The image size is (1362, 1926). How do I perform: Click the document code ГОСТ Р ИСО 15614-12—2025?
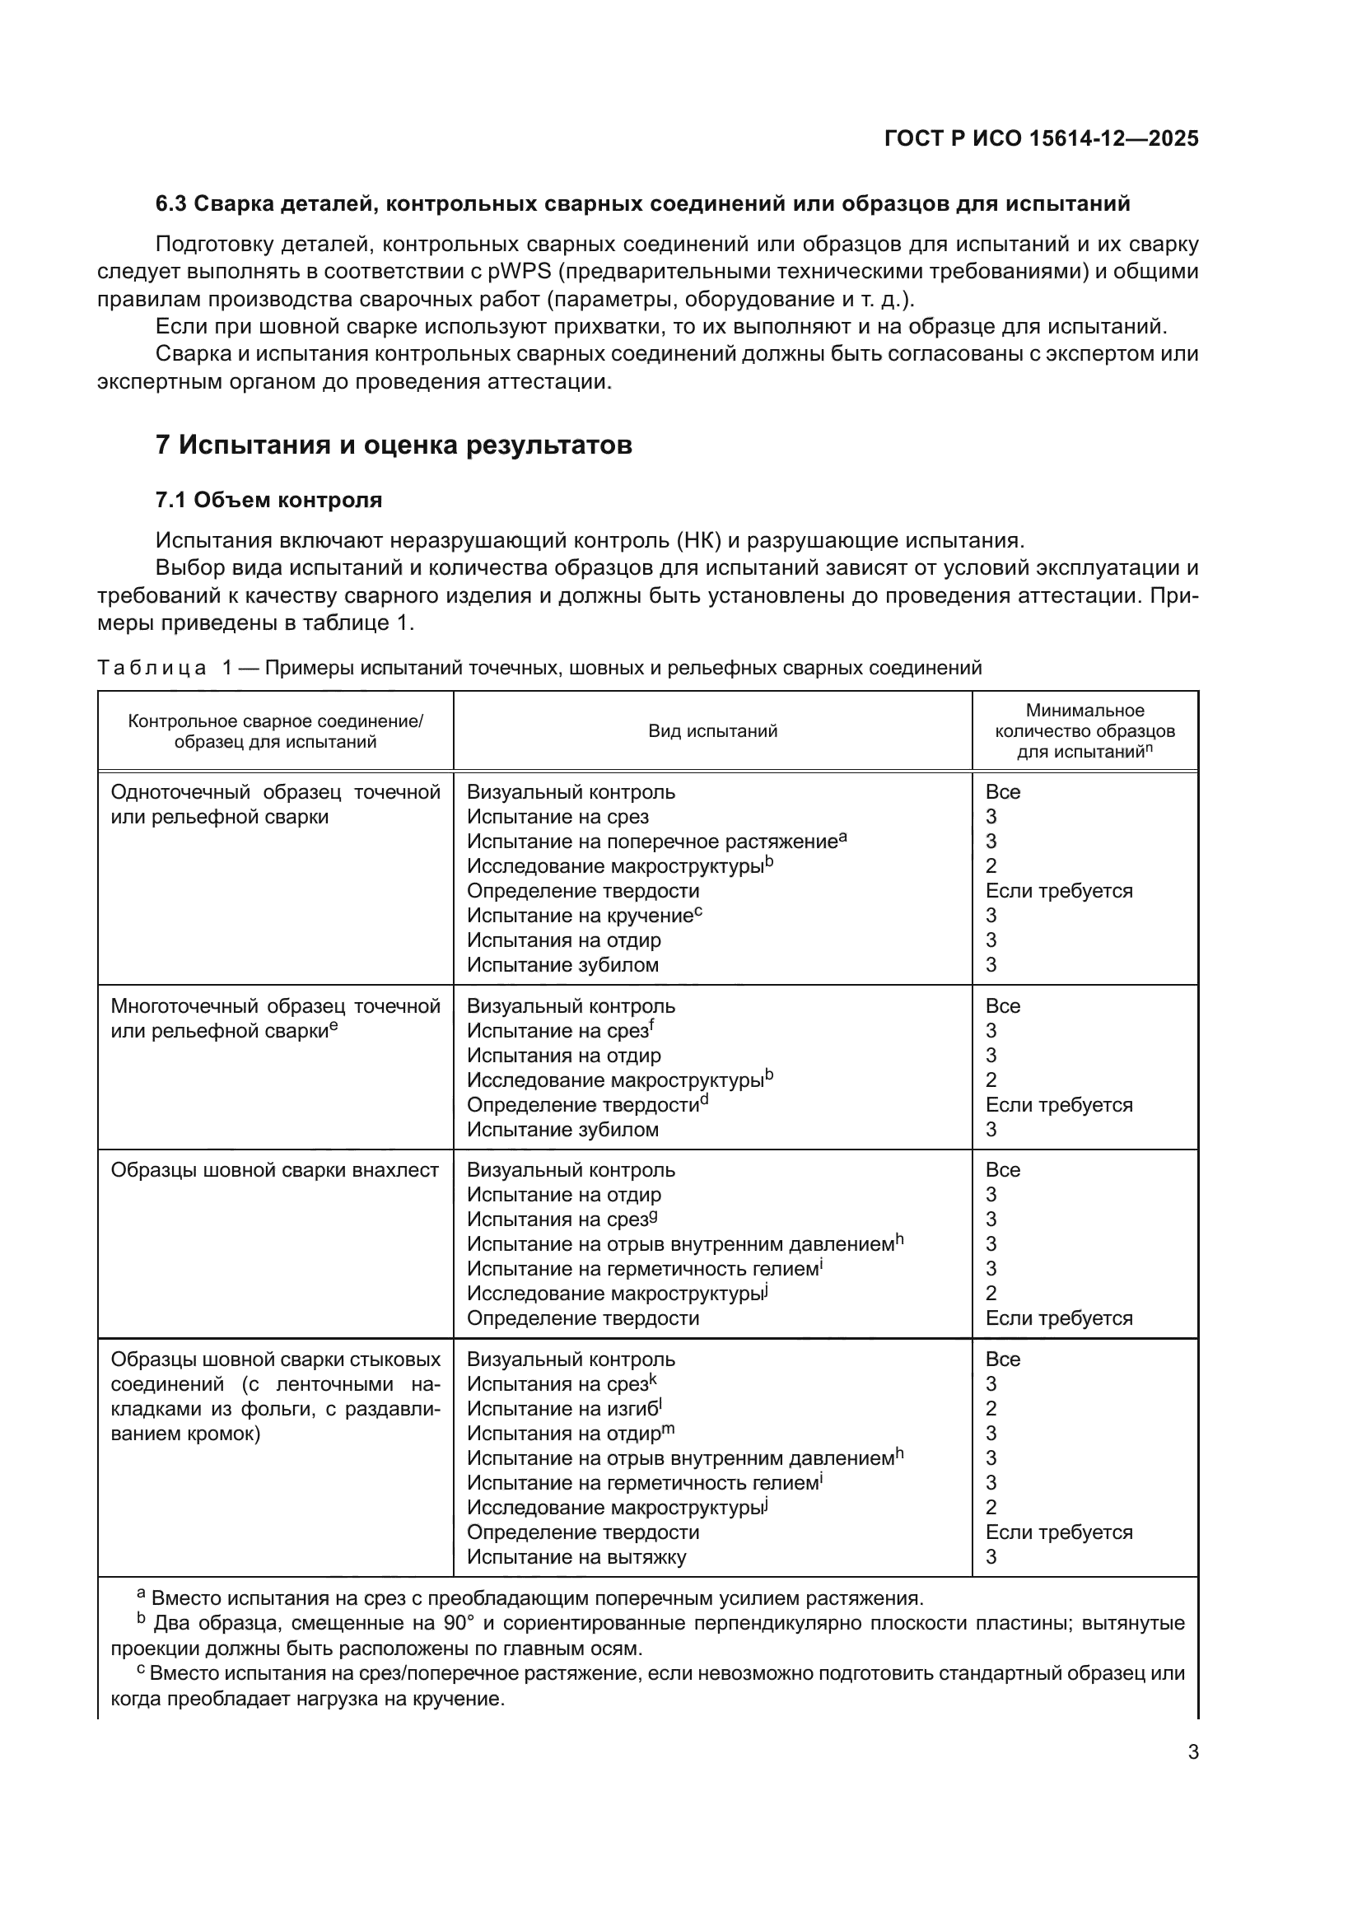pyautogui.click(x=1041, y=138)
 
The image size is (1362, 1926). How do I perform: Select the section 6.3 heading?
pyautogui.click(x=642, y=204)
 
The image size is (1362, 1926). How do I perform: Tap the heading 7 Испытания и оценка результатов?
pyautogui.click(x=394, y=445)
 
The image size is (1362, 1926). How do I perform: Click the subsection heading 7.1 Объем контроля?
pyautogui.click(x=268, y=500)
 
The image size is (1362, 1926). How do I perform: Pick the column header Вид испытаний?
pyautogui.click(x=712, y=730)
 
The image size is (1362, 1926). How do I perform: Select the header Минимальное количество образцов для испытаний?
pyautogui.click(x=1084, y=730)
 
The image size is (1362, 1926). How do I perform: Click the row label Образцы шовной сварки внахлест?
pyautogui.click(x=274, y=1170)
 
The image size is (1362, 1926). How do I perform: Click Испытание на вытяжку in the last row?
pyautogui.click(x=576, y=1557)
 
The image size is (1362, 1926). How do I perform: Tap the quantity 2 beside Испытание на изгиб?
pyautogui.click(x=991, y=1408)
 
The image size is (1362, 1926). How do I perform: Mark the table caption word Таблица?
pyautogui.click(x=152, y=668)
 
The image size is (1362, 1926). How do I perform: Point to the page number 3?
pyautogui.click(x=1192, y=1752)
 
